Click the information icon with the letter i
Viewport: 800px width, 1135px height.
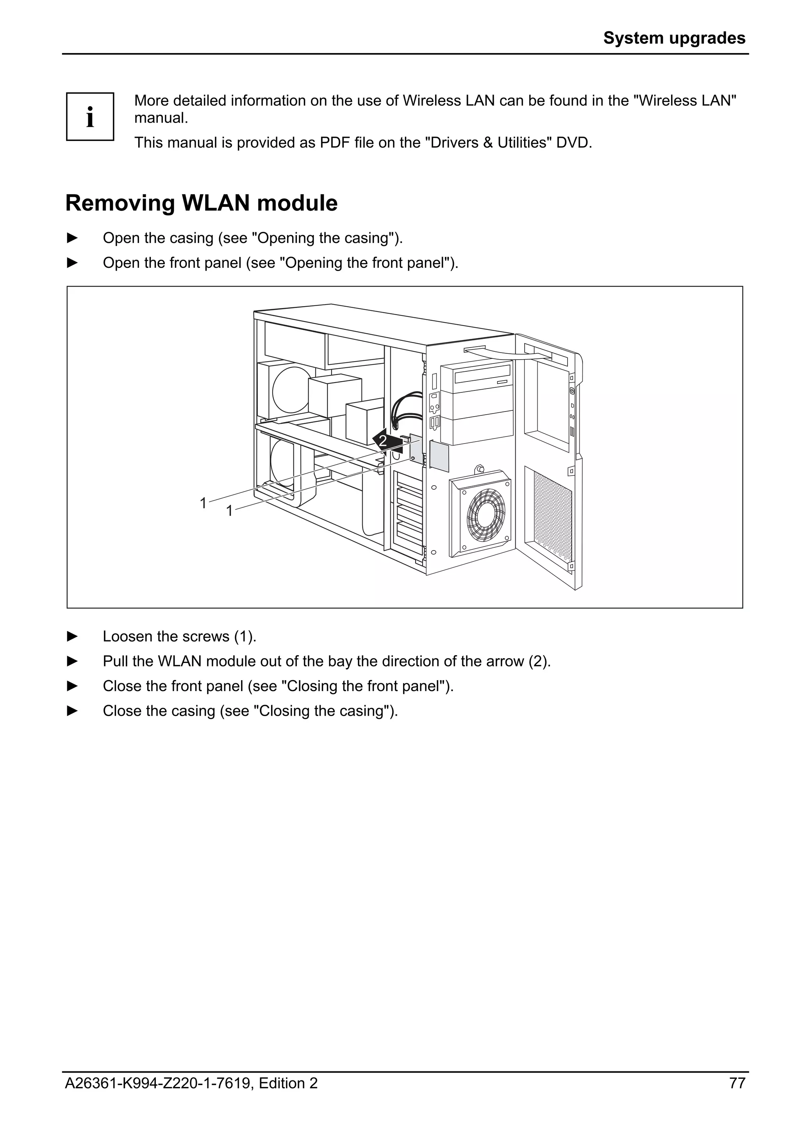click(90, 117)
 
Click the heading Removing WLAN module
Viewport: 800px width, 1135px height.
click(201, 203)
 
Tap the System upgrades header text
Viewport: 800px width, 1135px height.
click(674, 38)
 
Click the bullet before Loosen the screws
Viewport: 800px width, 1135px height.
click(72, 636)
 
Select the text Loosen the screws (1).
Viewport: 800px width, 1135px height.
click(179, 636)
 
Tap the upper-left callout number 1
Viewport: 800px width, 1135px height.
click(203, 503)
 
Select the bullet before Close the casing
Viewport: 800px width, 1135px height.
click(72, 711)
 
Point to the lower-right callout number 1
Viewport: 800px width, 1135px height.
click(229, 511)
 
